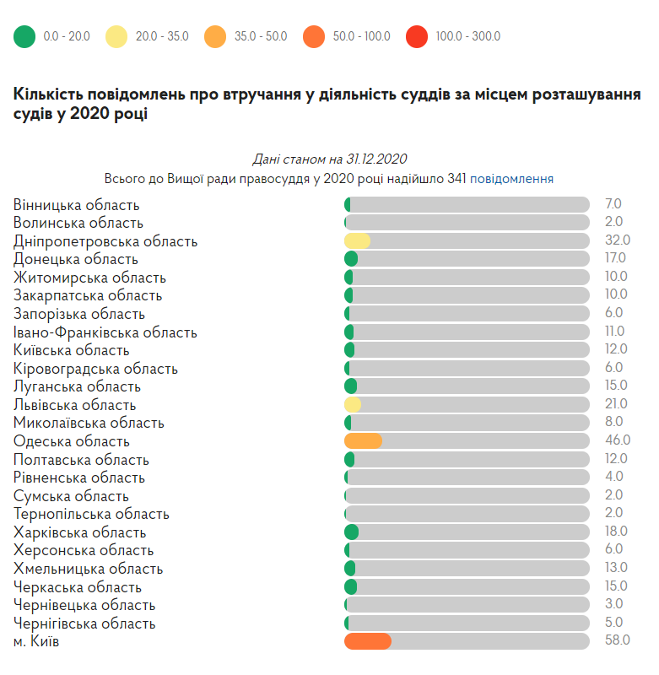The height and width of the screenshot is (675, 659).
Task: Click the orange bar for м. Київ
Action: [368, 642]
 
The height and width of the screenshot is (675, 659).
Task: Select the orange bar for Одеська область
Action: [363, 441]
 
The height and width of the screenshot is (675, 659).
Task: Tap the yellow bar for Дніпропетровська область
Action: [358, 241]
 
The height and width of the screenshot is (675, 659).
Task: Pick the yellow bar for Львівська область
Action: [353, 405]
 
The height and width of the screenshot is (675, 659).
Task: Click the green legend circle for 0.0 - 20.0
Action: [25, 36]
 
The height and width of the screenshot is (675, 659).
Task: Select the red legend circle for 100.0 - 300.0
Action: [417, 36]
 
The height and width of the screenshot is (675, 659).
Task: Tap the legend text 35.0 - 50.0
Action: [261, 36]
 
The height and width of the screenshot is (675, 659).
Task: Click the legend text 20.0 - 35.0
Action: [162, 36]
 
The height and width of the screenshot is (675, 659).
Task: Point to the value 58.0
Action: [617, 640]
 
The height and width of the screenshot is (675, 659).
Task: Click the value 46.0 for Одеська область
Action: [617, 440]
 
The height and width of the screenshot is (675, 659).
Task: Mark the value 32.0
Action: [617, 240]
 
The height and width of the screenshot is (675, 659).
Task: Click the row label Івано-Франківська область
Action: [105, 332]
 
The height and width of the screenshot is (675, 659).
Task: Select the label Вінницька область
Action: [77, 205]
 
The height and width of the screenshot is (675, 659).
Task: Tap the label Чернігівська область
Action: [84, 624]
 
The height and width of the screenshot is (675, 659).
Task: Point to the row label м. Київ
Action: [36, 642]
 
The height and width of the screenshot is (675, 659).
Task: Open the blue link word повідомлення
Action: [512, 179]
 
